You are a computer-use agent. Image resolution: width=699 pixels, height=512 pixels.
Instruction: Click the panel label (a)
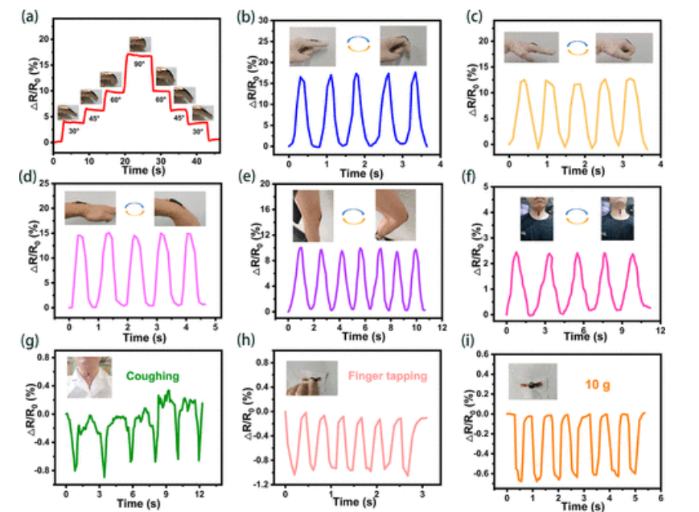pyautogui.click(x=15, y=14)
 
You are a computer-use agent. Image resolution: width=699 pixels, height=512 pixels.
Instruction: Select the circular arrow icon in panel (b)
pyautogui.click(x=358, y=45)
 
